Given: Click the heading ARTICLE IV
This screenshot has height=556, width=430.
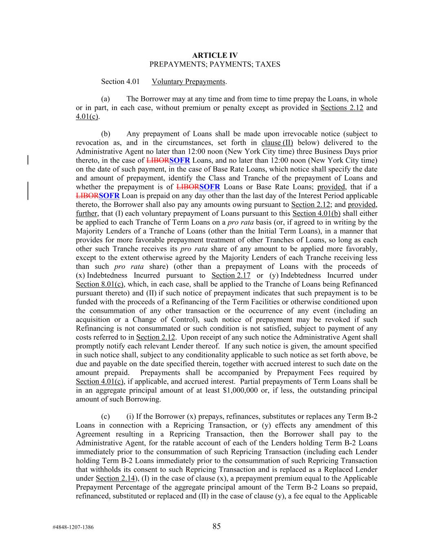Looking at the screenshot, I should (x=215, y=55).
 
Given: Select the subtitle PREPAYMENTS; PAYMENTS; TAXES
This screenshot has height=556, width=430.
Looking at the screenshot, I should (x=215, y=64).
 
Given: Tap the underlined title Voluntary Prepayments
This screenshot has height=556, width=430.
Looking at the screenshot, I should (x=188, y=82).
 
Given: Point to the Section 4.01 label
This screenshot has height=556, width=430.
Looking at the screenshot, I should (x=118, y=82).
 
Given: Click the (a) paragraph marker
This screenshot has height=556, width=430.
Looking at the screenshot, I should (x=106, y=99).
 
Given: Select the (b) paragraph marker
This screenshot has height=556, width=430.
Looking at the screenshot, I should (x=106, y=134).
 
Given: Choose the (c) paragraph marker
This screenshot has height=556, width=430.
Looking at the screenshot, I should (x=106, y=417).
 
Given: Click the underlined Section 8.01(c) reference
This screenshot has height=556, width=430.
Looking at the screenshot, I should (x=100, y=284).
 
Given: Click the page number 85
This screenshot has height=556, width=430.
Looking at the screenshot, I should (x=216, y=527).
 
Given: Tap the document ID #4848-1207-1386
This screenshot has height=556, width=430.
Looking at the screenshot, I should (x=73, y=527).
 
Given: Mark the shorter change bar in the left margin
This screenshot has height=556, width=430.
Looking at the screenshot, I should (x=27, y=160).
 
